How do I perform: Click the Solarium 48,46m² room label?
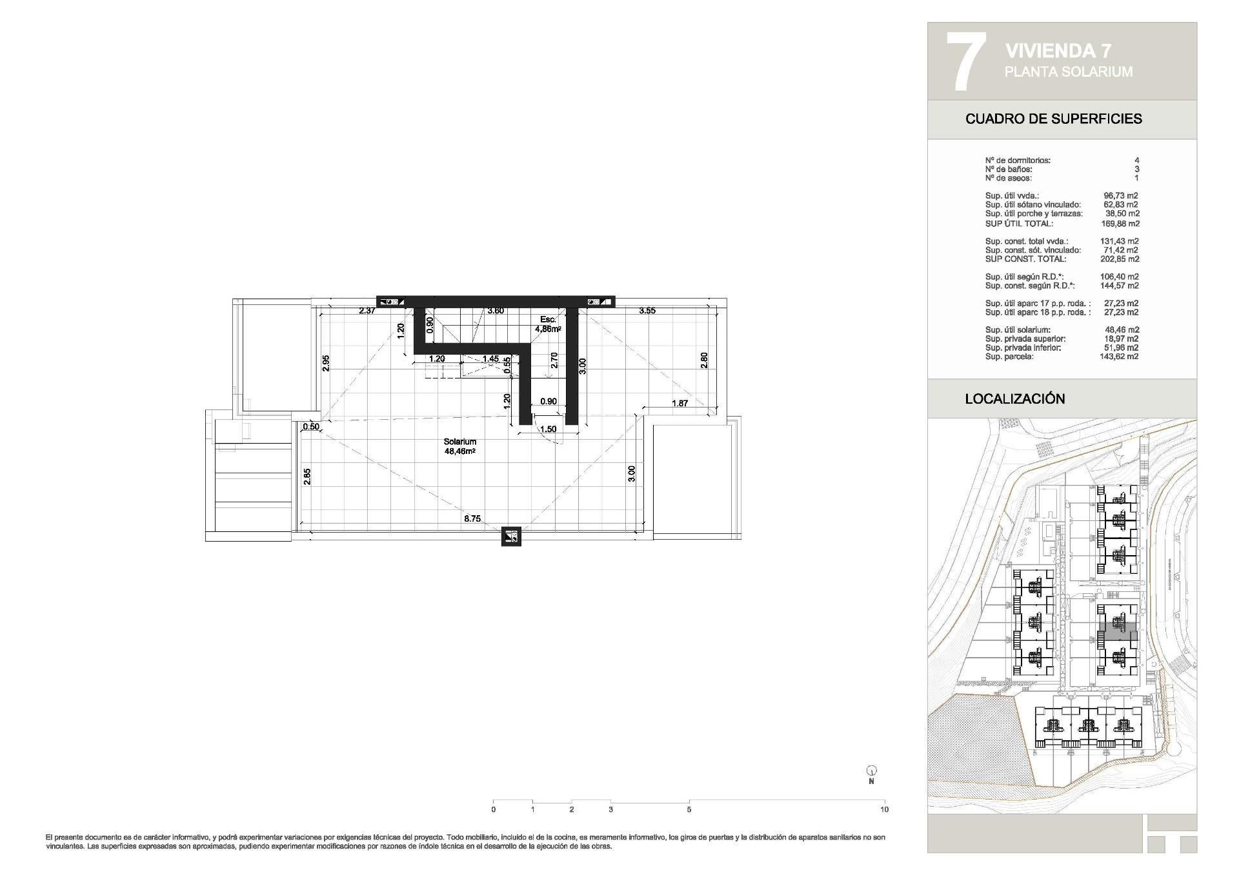point(459,447)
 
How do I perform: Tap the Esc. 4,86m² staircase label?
point(547,324)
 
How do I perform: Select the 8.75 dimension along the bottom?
point(472,518)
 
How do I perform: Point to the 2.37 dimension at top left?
point(367,311)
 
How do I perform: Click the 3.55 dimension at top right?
point(647,311)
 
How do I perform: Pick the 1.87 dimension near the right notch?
point(680,404)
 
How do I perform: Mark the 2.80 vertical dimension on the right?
point(704,360)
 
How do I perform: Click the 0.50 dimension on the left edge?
point(311,426)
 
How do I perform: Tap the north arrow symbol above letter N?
point(871,771)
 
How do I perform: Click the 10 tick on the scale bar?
point(884,809)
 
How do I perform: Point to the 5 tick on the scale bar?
point(689,809)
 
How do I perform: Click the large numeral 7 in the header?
point(965,61)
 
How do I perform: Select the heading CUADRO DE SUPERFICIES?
point(1053,119)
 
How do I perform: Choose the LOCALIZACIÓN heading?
point(1014,399)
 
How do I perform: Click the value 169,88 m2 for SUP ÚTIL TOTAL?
point(1120,224)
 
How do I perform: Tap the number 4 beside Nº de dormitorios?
point(1136,161)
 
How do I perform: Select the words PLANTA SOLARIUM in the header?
point(1068,72)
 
